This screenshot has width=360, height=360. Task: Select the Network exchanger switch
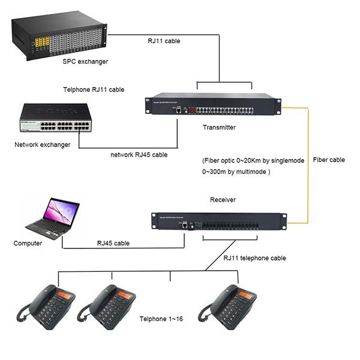pyautogui.click(x=54, y=121)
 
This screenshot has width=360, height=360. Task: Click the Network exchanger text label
pyautogui.click(x=43, y=145)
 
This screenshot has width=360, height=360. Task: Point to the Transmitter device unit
pyautogui.click(x=213, y=104)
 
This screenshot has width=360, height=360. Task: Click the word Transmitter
pyautogui.click(x=219, y=127)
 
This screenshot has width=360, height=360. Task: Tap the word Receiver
pyautogui.click(x=223, y=200)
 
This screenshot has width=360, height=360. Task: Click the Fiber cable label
pyautogui.click(x=329, y=160)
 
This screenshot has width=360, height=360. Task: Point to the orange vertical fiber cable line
pyautogui.click(x=308, y=162)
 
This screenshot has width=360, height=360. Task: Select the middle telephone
pyautogui.click(x=108, y=306)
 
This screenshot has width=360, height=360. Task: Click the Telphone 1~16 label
pyautogui.click(x=161, y=319)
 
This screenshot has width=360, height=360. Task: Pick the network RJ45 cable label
pyautogui.click(x=139, y=155)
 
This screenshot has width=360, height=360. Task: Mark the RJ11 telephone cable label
pyautogui.click(x=254, y=258)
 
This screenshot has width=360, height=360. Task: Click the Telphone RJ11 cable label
pyautogui.click(x=94, y=89)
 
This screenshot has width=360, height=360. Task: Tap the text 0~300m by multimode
pyautogui.click(x=236, y=172)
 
